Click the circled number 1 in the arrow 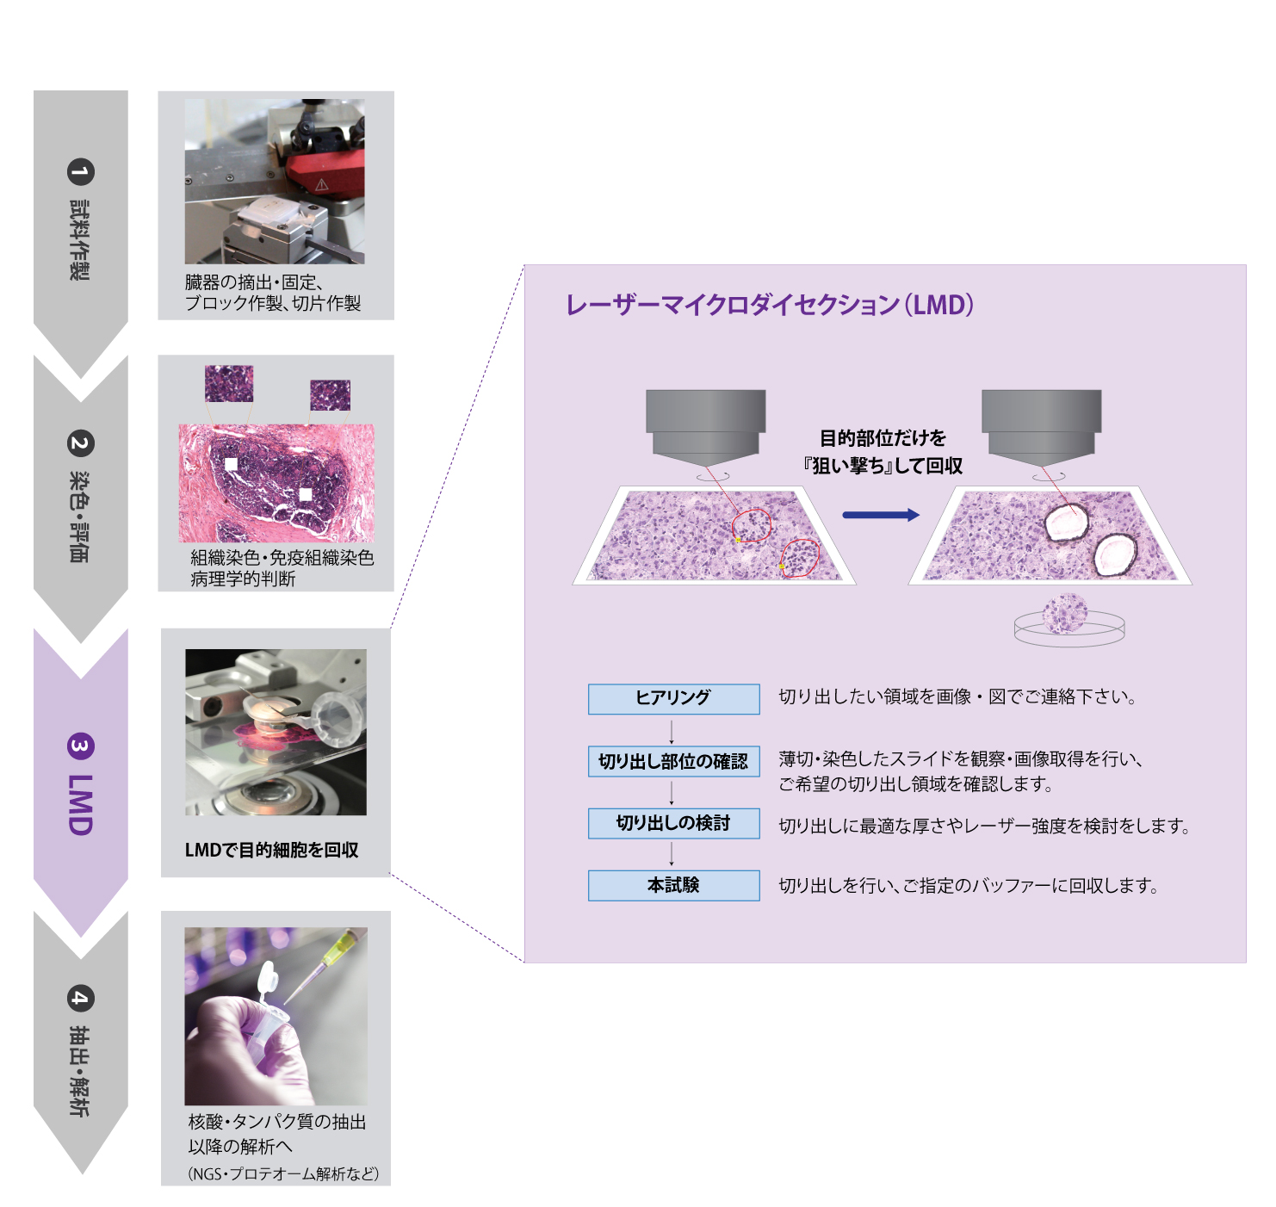[80, 172]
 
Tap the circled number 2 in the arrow [80, 443]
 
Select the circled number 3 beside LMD [80, 746]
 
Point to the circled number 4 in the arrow [80, 999]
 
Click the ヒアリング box [673, 698]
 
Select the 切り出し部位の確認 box [673, 761]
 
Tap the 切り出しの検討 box [673, 823]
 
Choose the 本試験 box [673, 885]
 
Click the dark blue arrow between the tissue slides [880, 515]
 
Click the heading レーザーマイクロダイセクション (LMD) [770, 305]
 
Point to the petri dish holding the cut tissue [1069, 623]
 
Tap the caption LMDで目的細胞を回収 [271, 850]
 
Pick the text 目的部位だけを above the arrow [883, 438]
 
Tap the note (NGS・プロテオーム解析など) [283, 1173]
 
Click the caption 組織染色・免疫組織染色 [282, 558]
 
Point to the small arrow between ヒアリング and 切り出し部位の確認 [672, 731]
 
